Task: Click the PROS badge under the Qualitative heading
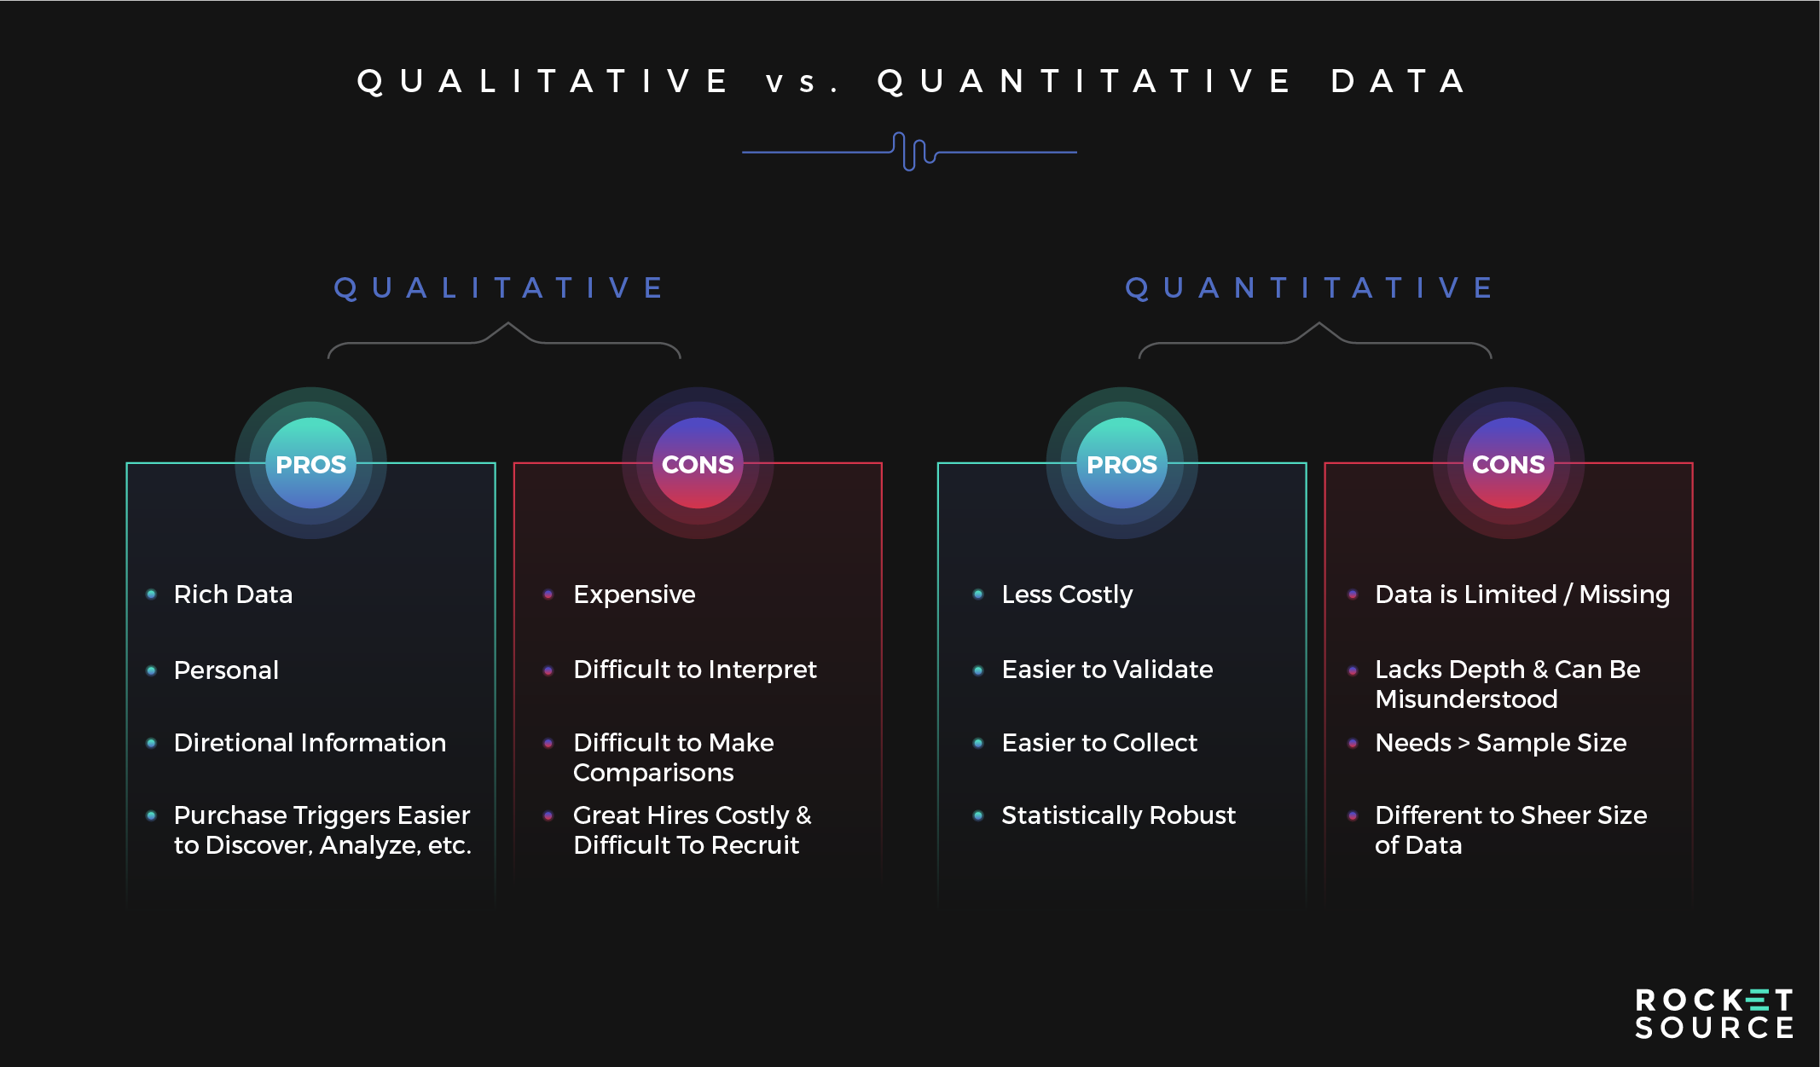(x=310, y=463)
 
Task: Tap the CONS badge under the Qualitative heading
(x=698, y=463)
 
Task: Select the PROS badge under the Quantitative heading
(x=1122, y=463)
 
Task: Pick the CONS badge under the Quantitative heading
(x=1508, y=463)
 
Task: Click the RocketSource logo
(x=1714, y=1013)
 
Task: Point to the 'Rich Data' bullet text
(x=233, y=594)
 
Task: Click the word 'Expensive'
(x=635, y=595)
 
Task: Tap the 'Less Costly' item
(x=1067, y=595)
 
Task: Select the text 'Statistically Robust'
(x=1118, y=816)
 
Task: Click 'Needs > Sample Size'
(x=1501, y=744)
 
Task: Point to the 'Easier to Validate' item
(x=1107, y=670)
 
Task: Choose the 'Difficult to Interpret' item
(x=695, y=670)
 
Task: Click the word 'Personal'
(x=226, y=670)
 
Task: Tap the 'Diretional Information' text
(x=310, y=743)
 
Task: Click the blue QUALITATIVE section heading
(x=499, y=287)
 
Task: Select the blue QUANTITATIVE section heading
(x=1309, y=287)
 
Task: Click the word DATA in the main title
(x=1399, y=81)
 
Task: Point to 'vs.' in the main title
(x=802, y=83)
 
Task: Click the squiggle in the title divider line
(x=913, y=152)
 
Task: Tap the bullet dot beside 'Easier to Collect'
(x=978, y=743)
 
